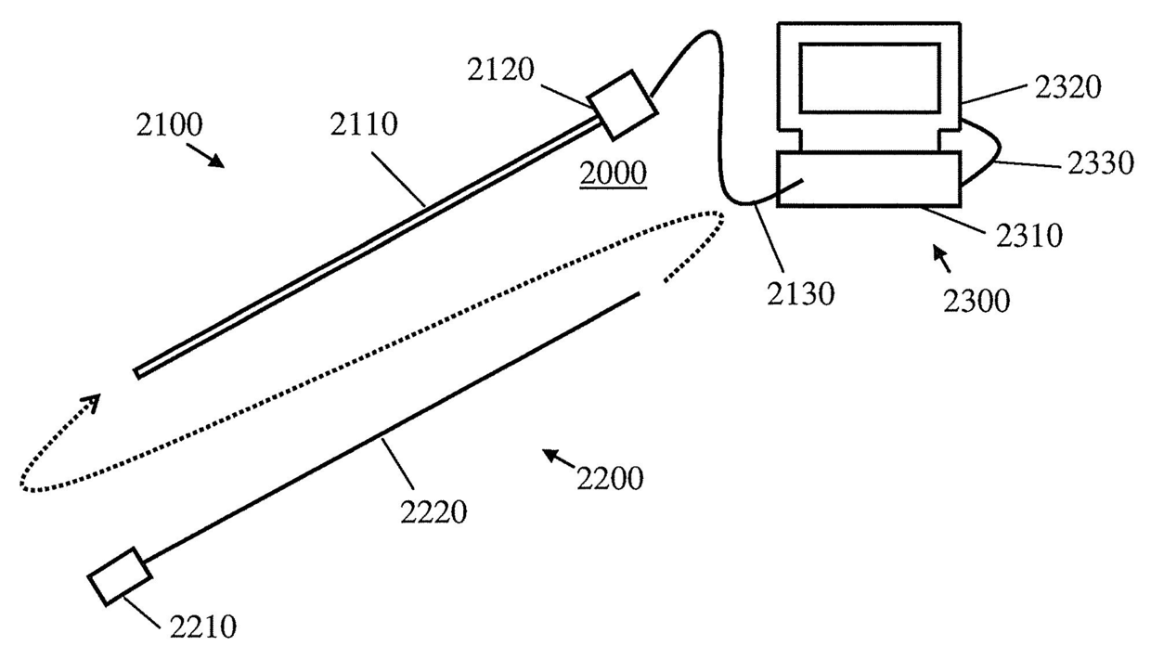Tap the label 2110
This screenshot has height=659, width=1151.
click(363, 124)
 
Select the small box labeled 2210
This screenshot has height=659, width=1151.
click(120, 575)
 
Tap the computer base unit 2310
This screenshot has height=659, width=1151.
click(868, 178)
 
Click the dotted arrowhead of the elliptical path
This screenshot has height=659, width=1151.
click(90, 403)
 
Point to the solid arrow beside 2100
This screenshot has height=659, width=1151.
click(211, 158)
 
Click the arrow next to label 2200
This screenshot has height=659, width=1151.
click(557, 457)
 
